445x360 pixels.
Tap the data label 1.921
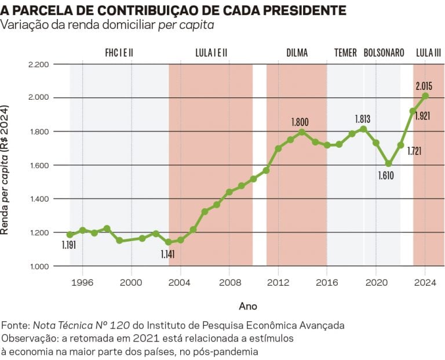pyautogui.click(x=423, y=116)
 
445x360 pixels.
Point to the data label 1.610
pyautogui.click(x=385, y=175)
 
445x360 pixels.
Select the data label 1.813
pyautogui.click(x=362, y=119)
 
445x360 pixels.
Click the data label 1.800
pyautogui.click(x=300, y=122)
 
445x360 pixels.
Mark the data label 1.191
pyautogui.click(x=68, y=245)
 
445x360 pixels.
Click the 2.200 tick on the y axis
pyautogui.click(x=39, y=64)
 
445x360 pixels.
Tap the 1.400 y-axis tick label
pyautogui.click(x=39, y=199)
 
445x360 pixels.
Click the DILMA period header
pyautogui.click(x=297, y=53)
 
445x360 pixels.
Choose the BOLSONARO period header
pyautogui.click(x=384, y=53)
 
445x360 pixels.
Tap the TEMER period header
pyautogui.click(x=345, y=53)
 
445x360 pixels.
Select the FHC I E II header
pyautogui.click(x=119, y=53)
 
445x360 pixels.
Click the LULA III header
pyautogui.click(x=428, y=53)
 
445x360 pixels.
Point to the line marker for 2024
pyautogui.click(x=425, y=96)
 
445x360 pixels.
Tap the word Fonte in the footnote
pyautogui.click(x=15, y=325)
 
